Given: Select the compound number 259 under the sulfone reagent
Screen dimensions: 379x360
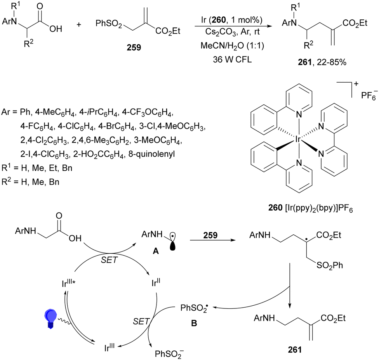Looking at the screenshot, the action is (x=134, y=48).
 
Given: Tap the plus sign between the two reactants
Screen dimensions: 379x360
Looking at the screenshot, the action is (x=79, y=24).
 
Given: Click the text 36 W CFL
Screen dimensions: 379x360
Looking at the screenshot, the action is (x=232, y=59).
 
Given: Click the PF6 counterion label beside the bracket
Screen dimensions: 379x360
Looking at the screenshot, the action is (x=369, y=95).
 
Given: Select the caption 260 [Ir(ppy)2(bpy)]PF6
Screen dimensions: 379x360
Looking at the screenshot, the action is (x=311, y=208).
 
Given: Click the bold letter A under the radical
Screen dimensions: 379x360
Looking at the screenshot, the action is (x=156, y=251).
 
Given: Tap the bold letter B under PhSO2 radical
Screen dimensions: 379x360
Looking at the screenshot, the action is (x=194, y=323).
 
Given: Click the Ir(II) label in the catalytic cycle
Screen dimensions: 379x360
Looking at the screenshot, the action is (x=156, y=282).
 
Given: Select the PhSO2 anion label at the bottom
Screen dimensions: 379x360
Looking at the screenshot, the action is (x=169, y=353).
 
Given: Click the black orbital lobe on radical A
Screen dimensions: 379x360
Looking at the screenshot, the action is (x=172, y=246).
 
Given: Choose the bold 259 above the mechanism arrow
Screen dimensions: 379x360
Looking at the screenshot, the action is (x=210, y=235).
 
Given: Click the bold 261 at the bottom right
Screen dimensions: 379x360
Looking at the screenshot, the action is (x=295, y=350).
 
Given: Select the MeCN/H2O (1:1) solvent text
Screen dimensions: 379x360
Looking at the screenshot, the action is (x=232, y=46).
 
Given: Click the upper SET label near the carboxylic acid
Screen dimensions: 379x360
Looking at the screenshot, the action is (x=109, y=260).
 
